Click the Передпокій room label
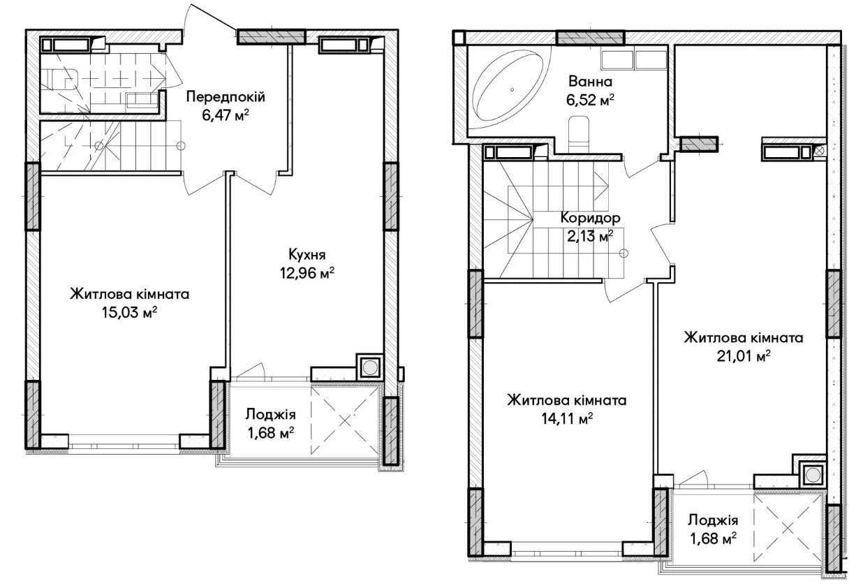[226, 96]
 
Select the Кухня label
[307, 255]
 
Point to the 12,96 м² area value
[307, 273]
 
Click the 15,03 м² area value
[129, 312]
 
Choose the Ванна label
[590, 82]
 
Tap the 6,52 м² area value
[590, 100]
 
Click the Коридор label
[590, 218]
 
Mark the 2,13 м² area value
[590, 236]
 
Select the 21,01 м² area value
[744, 356]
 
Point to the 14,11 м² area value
[567, 419]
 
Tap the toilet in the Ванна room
[579, 134]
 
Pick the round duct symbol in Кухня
[369, 367]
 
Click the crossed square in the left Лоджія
[344, 420]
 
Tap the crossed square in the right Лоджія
[788, 529]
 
